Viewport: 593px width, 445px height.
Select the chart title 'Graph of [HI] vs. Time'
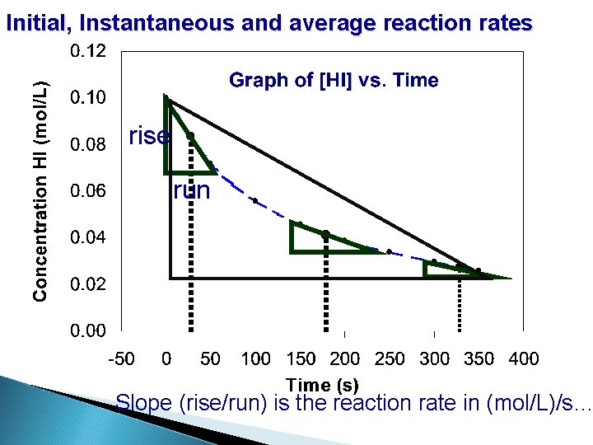tap(334, 81)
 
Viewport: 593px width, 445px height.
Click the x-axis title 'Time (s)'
tap(322, 384)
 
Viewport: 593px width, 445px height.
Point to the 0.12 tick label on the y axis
tap(88, 52)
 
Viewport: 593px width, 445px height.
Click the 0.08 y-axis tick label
tap(88, 146)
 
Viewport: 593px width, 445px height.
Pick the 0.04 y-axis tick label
tap(88, 238)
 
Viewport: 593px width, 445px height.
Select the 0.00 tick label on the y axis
tap(88, 331)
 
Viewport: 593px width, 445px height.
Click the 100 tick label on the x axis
tap(255, 358)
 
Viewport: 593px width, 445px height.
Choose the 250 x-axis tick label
tap(390, 358)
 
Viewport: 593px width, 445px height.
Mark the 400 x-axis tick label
tap(524, 358)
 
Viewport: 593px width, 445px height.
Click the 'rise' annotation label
tap(150, 136)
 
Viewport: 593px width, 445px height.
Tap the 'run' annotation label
tap(192, 191)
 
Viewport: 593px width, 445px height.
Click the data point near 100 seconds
tap(255, 200)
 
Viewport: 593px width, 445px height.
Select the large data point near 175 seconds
tap(325, 235)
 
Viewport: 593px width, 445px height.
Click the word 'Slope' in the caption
tap(144, 403)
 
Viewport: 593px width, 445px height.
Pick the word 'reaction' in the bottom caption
tap(371, 403)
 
